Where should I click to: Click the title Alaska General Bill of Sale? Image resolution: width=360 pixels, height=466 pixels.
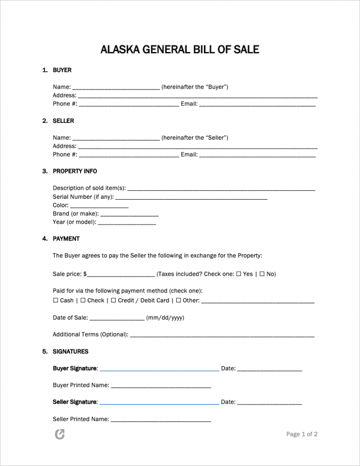coord(180,49)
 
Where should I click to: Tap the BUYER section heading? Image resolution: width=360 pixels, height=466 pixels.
coord(62,70)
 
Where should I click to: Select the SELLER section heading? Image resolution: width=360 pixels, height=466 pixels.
coord(63,121)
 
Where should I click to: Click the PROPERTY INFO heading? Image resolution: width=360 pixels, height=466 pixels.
coord(75,172)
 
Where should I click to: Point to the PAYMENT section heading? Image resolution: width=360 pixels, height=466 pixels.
coord(66,239)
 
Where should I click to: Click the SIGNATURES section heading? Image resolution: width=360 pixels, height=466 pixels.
coord(70,352)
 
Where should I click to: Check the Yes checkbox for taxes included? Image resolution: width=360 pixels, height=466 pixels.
coord(239,274)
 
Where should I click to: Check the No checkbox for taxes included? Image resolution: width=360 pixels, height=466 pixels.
coord(262,274)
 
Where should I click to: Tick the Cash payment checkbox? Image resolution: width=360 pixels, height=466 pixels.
coord(56,301)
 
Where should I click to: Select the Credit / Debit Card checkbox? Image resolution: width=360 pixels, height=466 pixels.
coord(113,301)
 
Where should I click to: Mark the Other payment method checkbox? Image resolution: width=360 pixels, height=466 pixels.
coord(179,301)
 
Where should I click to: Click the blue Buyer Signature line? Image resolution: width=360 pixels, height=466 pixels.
coord(159,370)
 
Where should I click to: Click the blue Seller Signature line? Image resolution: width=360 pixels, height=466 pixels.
coord(159,404)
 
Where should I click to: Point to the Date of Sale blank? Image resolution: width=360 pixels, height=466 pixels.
coord(117,319)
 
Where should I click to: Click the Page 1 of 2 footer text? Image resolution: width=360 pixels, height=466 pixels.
coord(302,435)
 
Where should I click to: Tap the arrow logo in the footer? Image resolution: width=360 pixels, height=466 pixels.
coord(60,435)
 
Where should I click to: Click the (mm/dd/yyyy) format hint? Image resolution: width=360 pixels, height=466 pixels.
coord(165,318)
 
